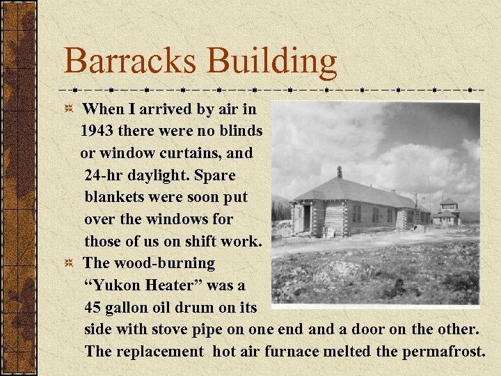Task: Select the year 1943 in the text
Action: point(102,131)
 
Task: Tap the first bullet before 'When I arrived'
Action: point(69,109)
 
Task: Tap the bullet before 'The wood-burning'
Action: point(69,264)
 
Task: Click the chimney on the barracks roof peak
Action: point(340,172)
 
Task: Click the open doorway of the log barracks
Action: point(307,218)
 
